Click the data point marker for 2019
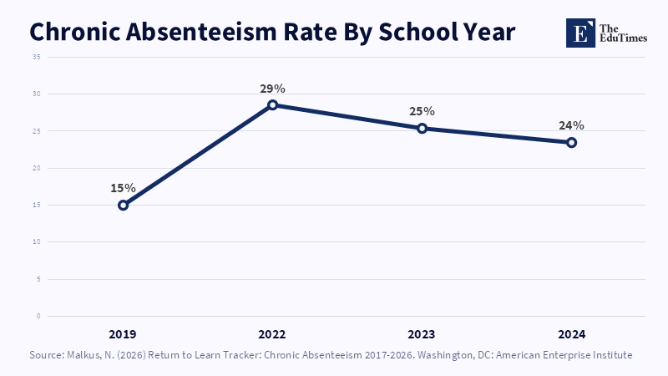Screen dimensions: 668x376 (123, 205)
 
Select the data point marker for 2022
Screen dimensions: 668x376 (273, 105)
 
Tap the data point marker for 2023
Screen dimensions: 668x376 (423, 129)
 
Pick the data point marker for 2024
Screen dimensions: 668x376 (572, 142)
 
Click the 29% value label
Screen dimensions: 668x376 (273, 89)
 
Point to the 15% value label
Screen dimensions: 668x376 (123, 188)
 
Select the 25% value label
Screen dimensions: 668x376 (423, 111)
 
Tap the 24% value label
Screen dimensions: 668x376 (572, 125)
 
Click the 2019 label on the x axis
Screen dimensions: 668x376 (123, 334)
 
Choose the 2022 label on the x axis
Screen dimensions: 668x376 (272, 334)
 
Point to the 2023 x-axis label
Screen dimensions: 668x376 (422, 334)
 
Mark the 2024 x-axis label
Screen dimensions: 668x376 (572, 334)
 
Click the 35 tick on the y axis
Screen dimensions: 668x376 (37, 57)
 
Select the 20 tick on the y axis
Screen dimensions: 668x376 (37, 168)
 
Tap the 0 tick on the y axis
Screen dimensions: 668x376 (38, 316)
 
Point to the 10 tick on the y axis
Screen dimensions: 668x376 (37, 241)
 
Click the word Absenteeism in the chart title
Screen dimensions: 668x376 (201, 32)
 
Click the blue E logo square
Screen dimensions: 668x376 (580, 33)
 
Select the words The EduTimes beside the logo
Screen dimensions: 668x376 (623, 33)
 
